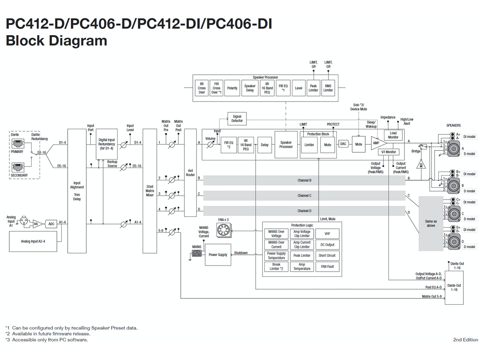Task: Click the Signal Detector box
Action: pyautogui.click(x=237, y=118)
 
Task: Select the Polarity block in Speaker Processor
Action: pyautogui.click(x=232, y=88)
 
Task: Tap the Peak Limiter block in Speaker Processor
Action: pyautogui.click(x=313, y=88)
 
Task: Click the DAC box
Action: pyautogui.click(x=343, y=144)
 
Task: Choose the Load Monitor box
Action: pyautogui.click(x=393, y=135)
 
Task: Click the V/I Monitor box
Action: pyautogui.click(x=388, y=152)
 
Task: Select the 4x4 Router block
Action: pyautogui.click(x=190, y=173)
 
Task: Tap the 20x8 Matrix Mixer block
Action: pyautogui.click(x=150, y=190)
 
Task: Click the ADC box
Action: pyautogui.click(x=51, y=224)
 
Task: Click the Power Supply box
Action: pyautogui.click(x=218, y=255)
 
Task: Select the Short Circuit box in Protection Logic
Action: pyautogui.click(x=327, y=256)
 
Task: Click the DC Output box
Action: pyautogui.click(x=327, y=245)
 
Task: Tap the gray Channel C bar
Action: pyautogui.click(x=304, y=196)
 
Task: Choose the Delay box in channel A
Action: pyautogui.click(x=264, y=145)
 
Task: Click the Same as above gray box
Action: pyautogui.click(x=431, y=223)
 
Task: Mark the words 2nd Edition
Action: pyautogui.click(x=465, y=340)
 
